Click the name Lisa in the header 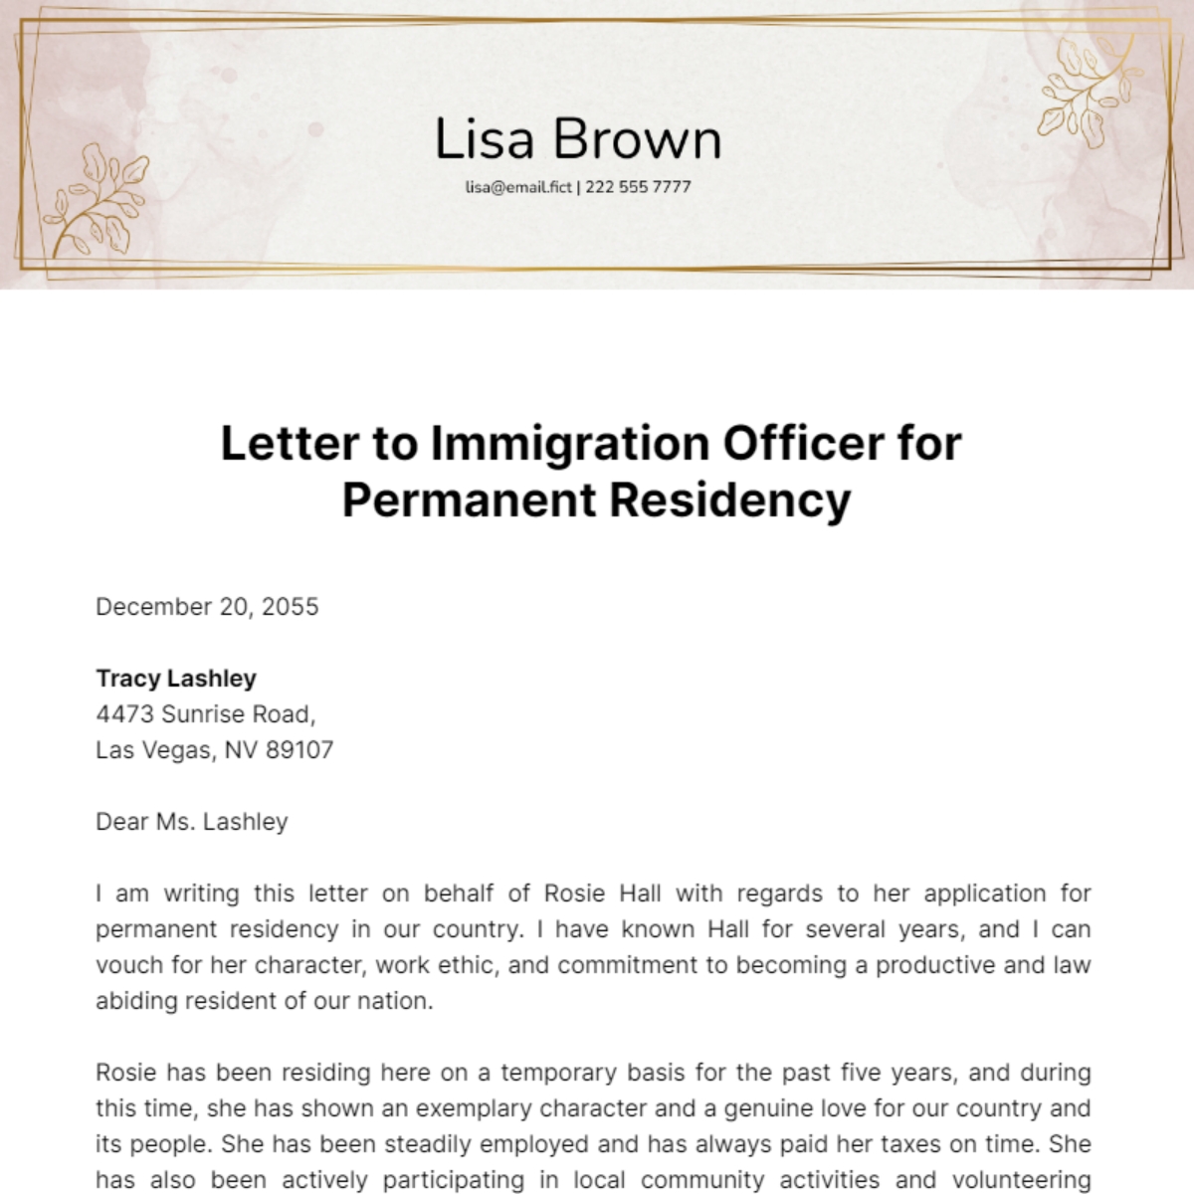click(x=485, y=139)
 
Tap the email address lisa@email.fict click(x=518, y=186)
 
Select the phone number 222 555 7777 click(x=638, y=186)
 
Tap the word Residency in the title click(x=729, y=499)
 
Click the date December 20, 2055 click(x=207, y=607)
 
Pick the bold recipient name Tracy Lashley click(x=176, y=679)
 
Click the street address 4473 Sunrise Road click(x=205, y=714)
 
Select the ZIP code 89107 click(x=299, y=750)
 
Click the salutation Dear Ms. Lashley click(x=192, y=822)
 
